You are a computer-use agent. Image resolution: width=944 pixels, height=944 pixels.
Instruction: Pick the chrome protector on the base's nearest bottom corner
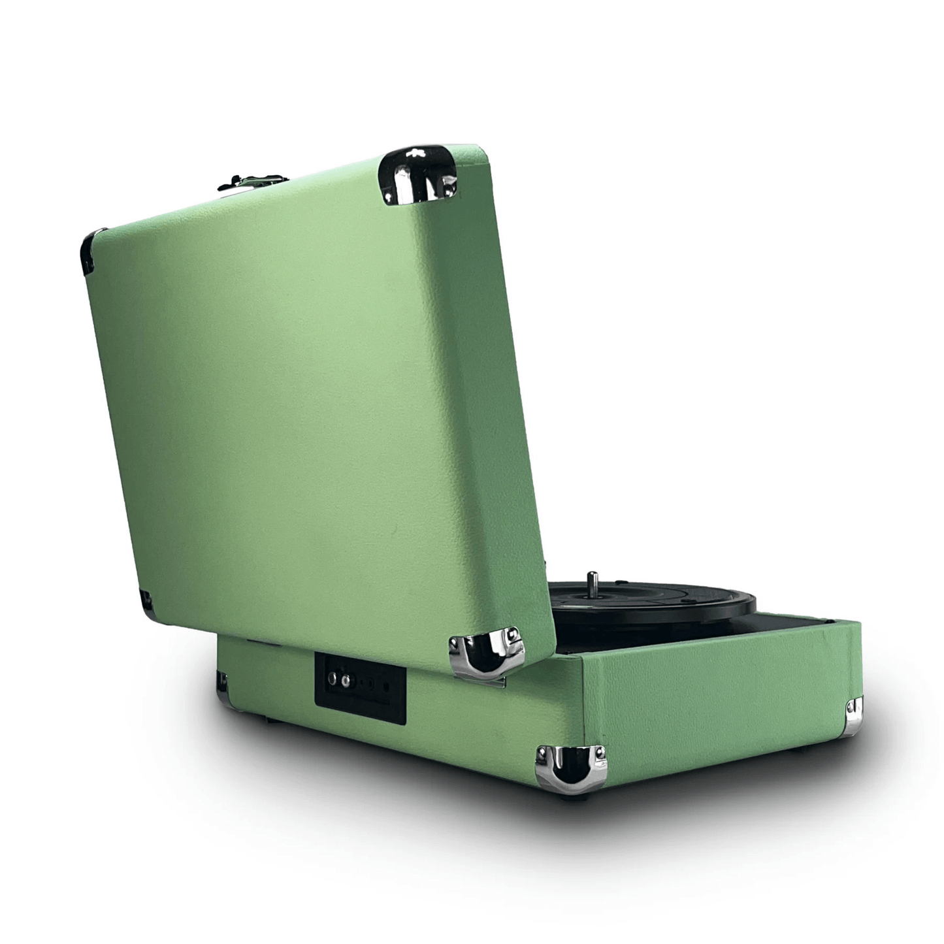tap(570, 769)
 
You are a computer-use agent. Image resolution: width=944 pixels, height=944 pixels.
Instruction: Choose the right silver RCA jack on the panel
tap(346, 681)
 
